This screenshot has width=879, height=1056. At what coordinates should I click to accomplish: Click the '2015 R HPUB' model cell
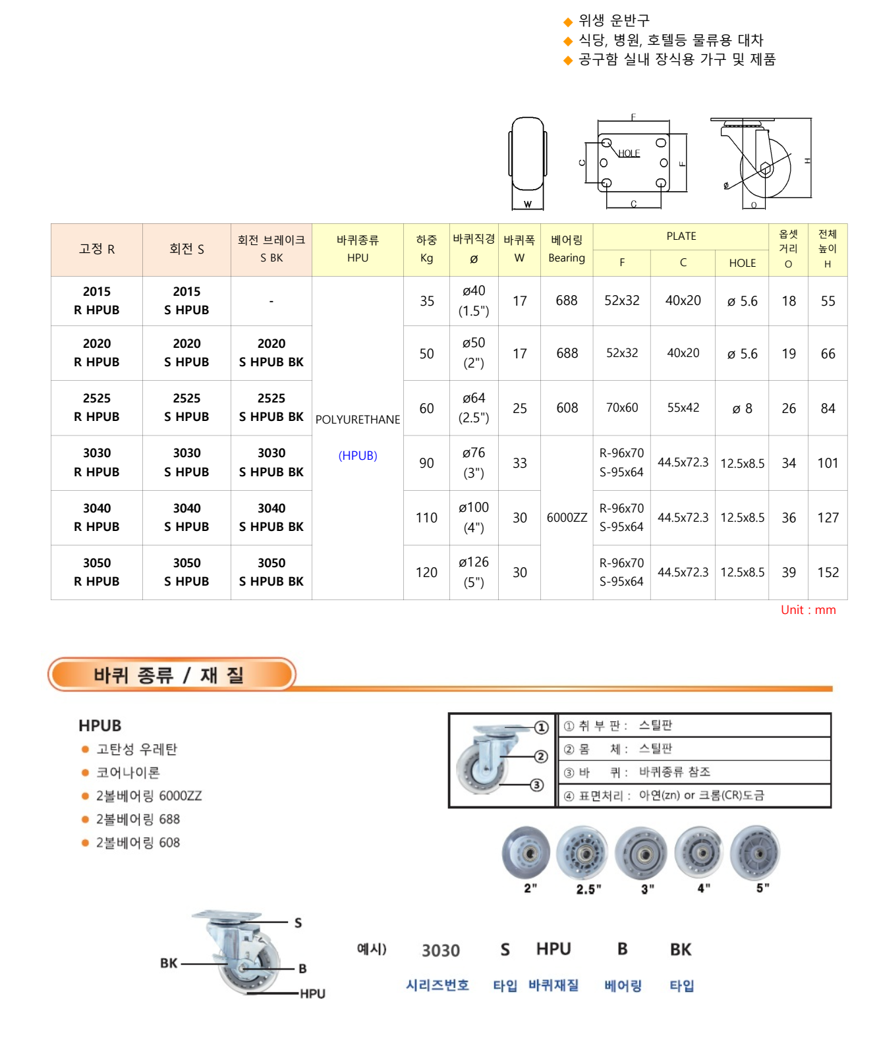(x=97, y=301)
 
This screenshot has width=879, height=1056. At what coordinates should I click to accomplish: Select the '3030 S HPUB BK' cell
(x=271, y=462)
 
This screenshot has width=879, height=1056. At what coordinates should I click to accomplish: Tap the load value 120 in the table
(x=426, y=572)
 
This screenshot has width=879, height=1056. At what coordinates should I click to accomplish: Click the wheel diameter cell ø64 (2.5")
(x=474, y=408)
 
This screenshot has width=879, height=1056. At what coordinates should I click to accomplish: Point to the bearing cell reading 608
(x=567, y=408)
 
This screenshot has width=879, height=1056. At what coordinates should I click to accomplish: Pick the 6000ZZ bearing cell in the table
(x=567, y=518)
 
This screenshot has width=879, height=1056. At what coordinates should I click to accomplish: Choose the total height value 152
(x=828, y=572)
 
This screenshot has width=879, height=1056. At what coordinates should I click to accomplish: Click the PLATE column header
(x=681, y=236)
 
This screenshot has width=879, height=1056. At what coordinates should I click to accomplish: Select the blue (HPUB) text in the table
(x=358, y=456)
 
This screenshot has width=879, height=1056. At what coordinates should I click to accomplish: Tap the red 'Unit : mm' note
(x=808, y=610)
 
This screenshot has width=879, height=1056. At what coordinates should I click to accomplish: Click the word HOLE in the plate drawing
(x=629, y=153)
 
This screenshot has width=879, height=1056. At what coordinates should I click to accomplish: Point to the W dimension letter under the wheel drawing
(x=528, y=204)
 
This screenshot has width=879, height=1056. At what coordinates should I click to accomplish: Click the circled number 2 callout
(x=541, y=756)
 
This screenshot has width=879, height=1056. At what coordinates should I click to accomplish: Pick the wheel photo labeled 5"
(x=756, y=852)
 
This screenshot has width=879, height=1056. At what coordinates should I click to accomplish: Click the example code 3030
(x=441, y=951)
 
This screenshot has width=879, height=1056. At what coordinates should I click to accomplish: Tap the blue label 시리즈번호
(x=438, y=986)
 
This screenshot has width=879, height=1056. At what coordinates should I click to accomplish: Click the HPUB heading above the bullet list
(x=100, y=726)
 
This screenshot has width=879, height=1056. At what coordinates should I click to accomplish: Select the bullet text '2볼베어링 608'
(x=138, y=843)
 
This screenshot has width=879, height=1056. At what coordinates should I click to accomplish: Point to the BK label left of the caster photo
(x=169, y=963)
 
